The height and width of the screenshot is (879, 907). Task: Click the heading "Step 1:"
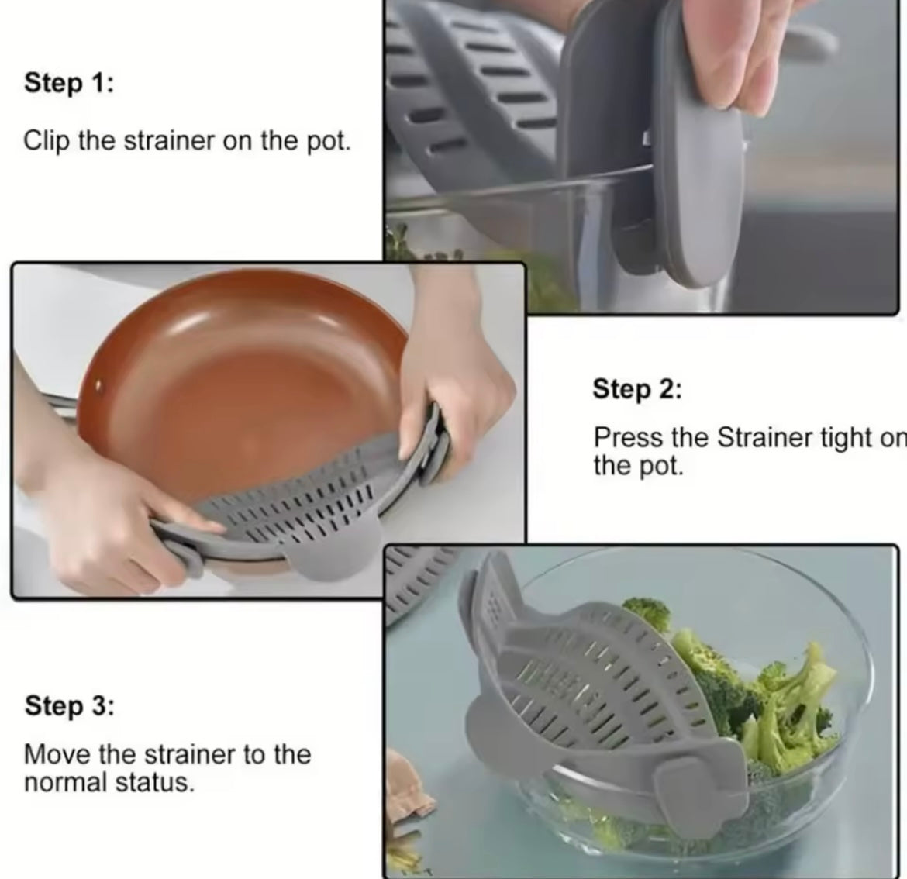point(68,82)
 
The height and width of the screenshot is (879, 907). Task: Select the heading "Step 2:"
point(636,388)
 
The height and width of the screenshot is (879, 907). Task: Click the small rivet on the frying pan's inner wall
point(98,384)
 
